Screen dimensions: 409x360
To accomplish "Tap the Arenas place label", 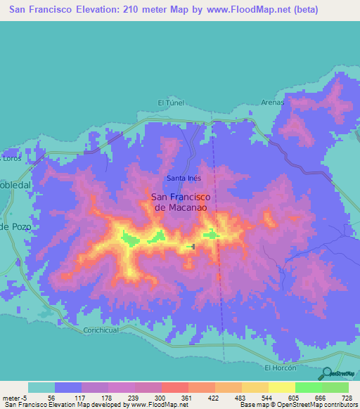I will (273, 102).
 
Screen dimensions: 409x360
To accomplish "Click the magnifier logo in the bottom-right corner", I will (328, 373).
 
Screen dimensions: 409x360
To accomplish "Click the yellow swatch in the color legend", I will (281, 387).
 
